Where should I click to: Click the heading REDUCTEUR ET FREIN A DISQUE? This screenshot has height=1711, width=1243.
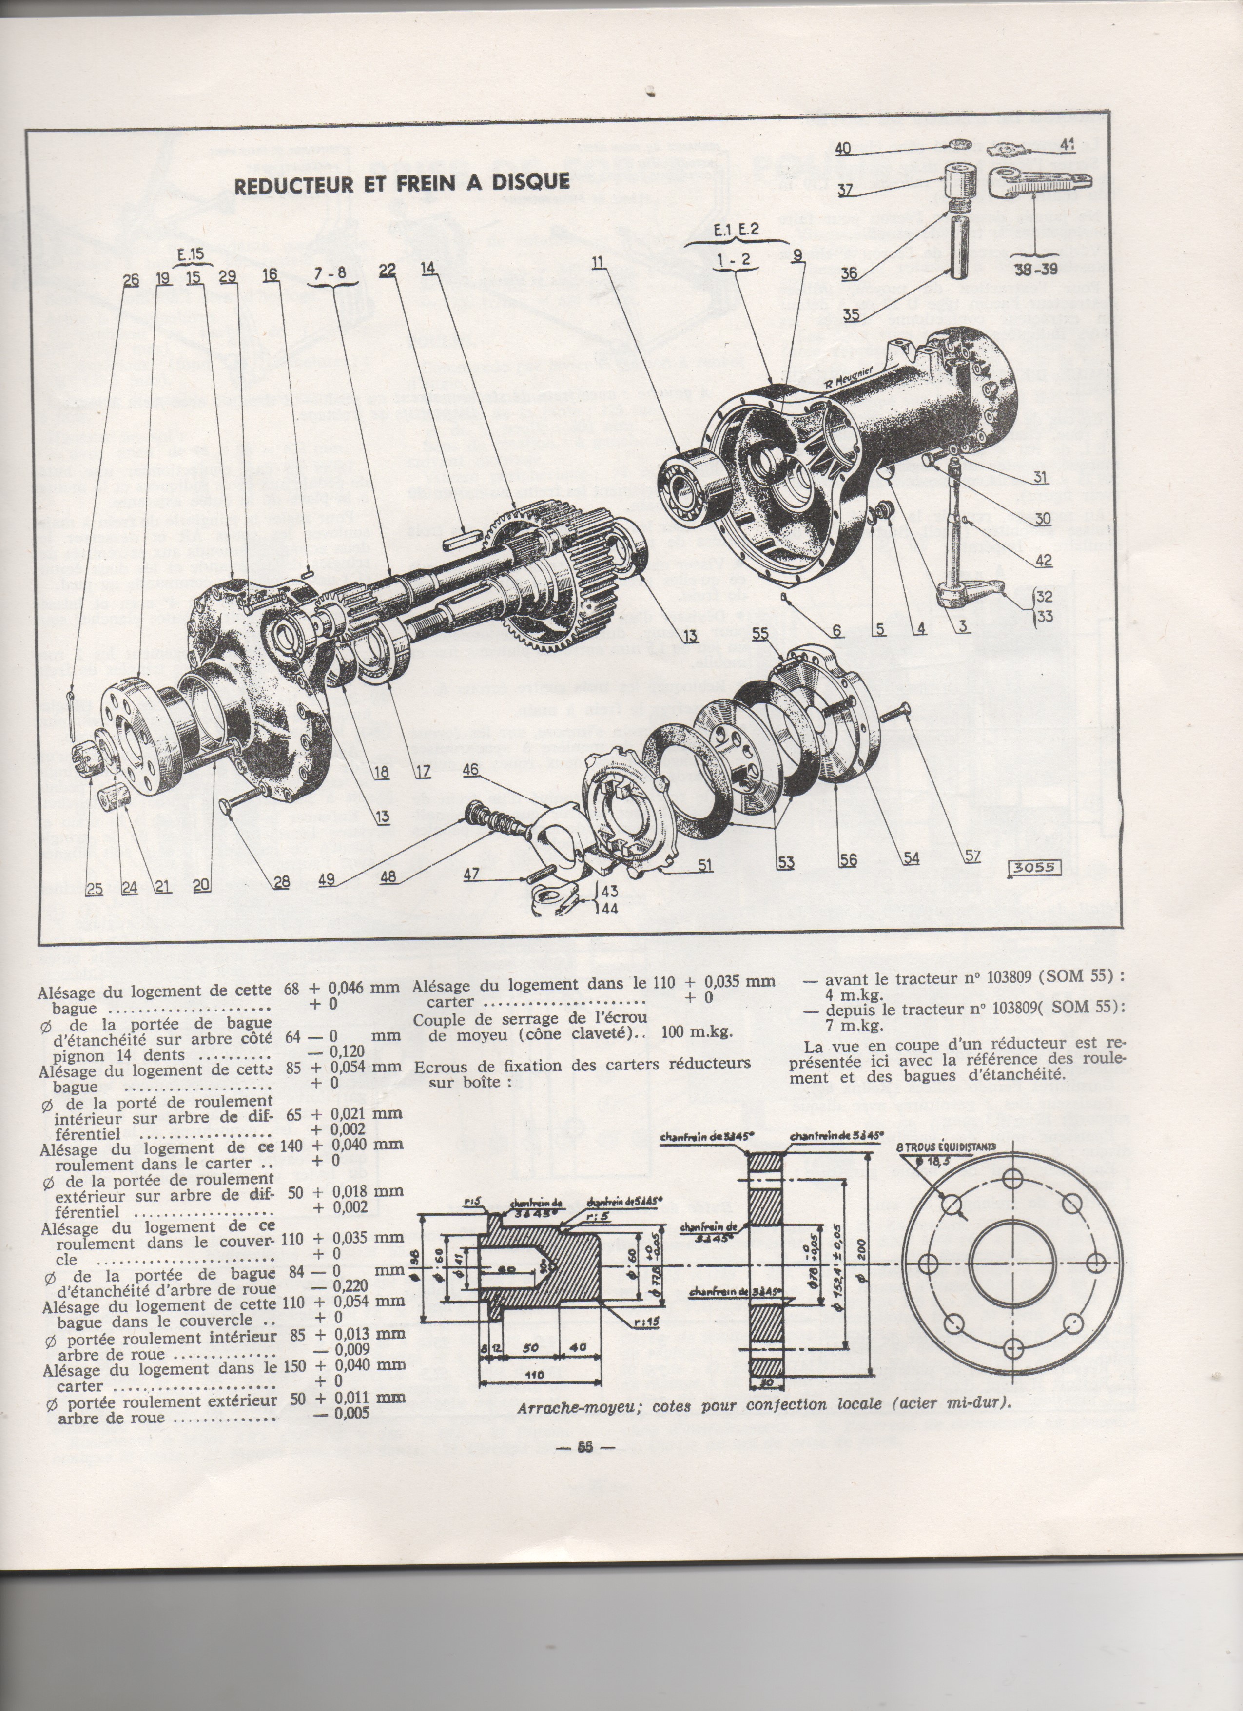pyautogui.click(x=402, y=185)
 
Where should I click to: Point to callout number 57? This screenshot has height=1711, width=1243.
pyautogui.click(x=972, y=856)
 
